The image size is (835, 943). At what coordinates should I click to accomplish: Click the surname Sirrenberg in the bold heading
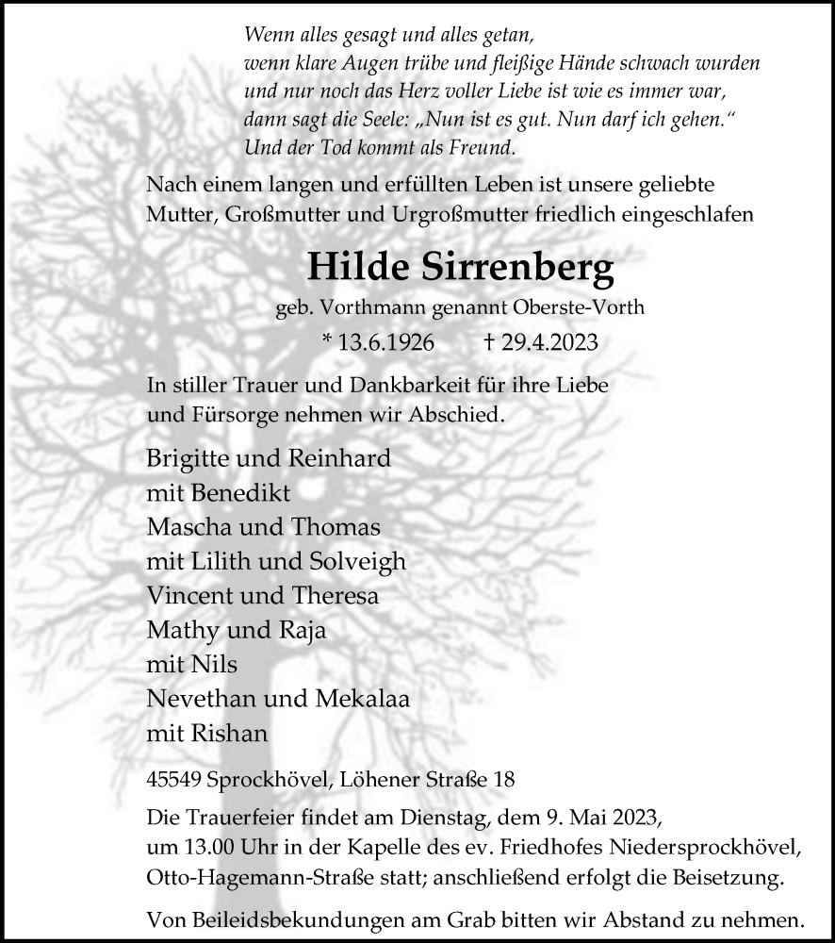516,270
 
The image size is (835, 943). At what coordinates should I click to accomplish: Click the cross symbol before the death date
488,342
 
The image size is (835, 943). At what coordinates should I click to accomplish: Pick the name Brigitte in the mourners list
188,459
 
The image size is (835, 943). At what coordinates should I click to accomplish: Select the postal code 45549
173,780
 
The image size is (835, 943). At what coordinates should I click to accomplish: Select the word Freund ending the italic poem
481,147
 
